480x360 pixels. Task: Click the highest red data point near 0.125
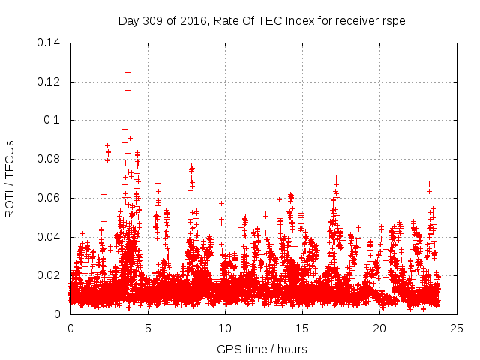(x=127, y=72)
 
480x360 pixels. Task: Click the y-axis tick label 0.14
(x=49, y=42)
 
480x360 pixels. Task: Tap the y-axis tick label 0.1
(x=54, y=120)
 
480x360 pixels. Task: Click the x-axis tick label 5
(x=148, y=328)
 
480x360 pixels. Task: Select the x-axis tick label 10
(x=225, y=328)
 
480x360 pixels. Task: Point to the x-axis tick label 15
(x=302, y=328)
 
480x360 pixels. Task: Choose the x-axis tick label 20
(x=379, y=328)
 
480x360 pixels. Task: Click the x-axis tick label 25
(x=457, y=328)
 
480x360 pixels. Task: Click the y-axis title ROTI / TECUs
(x=10, y=178)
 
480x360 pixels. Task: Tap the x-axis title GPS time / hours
(x=262, y=349)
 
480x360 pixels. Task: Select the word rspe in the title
(x=393, y=21)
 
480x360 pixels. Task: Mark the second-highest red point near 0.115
(x=127, y=90)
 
